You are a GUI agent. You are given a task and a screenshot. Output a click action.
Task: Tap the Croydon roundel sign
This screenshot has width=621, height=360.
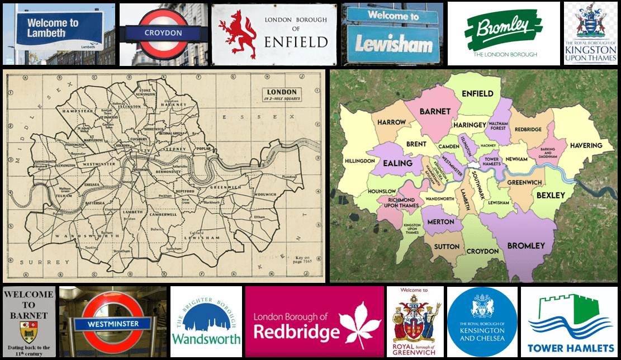163,34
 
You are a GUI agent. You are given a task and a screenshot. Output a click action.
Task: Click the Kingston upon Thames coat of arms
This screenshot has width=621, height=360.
590,23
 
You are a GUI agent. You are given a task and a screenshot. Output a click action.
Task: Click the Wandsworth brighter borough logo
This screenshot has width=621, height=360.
206,322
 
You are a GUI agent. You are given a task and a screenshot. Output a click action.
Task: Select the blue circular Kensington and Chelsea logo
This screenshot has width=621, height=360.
482,322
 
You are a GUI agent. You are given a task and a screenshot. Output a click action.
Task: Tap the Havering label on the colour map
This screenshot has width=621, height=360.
586,145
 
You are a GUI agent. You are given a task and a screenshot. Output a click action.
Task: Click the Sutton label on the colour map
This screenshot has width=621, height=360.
447,247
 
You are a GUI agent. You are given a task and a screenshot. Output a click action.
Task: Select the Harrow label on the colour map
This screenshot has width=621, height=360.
391,122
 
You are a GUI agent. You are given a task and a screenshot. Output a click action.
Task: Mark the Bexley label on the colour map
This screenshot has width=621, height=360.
551,195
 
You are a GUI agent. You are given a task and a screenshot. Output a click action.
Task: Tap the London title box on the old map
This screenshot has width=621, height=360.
282,94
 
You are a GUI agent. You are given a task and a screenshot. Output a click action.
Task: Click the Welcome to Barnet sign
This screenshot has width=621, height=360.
29,321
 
